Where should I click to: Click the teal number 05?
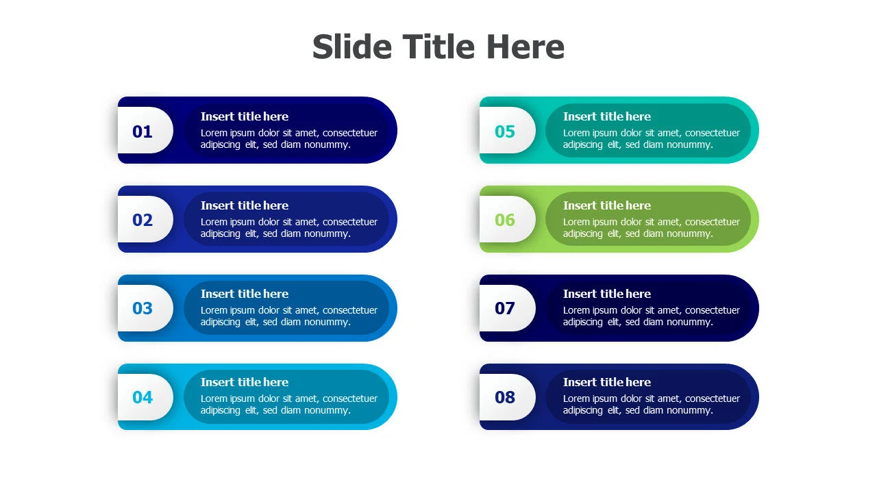coord(505,131)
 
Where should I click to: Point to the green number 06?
coord(505,220)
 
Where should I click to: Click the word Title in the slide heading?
coord(438,47)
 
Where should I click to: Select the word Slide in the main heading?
coord(352,47)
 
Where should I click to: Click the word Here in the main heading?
coord(526,47)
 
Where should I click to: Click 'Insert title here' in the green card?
coord(607,205)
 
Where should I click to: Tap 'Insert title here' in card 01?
coord(245,116)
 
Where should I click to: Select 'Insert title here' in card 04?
coord(245,382)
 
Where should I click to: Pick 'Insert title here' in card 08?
coord(607,382)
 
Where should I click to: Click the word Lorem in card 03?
coord(214,310)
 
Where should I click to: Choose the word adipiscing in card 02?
coord(221,234)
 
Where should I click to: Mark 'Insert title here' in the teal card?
coord(607,116)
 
